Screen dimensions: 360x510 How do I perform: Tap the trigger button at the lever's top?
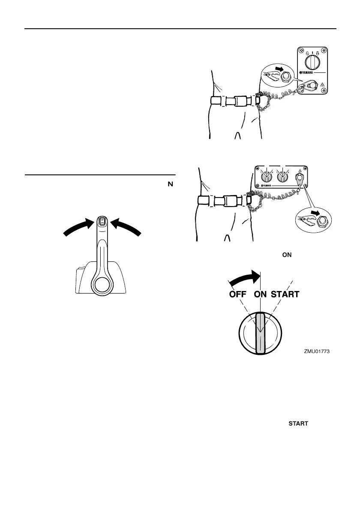[x=102, y=222]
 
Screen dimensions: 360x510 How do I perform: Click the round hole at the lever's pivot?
[x=102, y=283]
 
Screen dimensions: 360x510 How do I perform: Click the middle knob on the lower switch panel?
[x=282, y=176]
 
